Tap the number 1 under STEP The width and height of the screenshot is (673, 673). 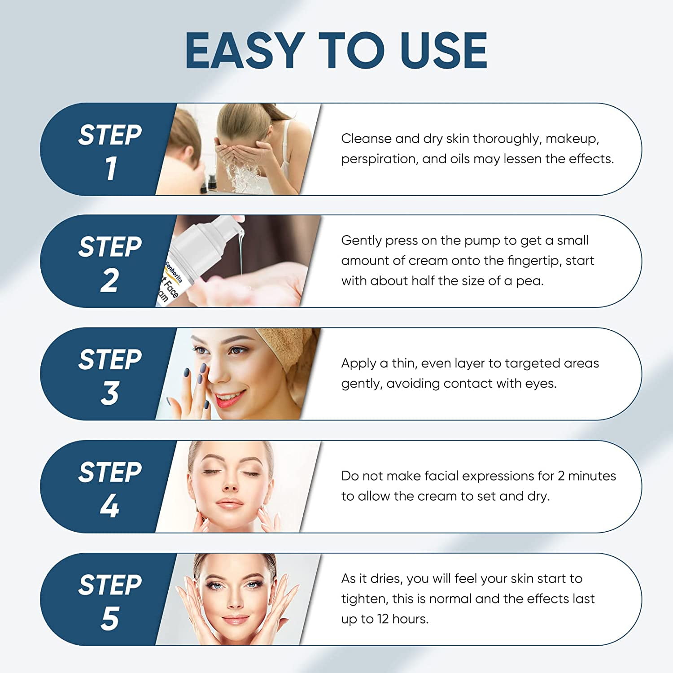[111, 168]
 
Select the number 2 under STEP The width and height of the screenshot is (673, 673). [109, 280]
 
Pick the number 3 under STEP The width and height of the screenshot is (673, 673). [110, 393]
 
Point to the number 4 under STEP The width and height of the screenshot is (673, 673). [110, 506]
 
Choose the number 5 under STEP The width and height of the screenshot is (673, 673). [110, 618]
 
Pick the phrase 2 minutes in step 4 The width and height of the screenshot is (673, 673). [587, 476]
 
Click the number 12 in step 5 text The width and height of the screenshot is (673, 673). [383, 619]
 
